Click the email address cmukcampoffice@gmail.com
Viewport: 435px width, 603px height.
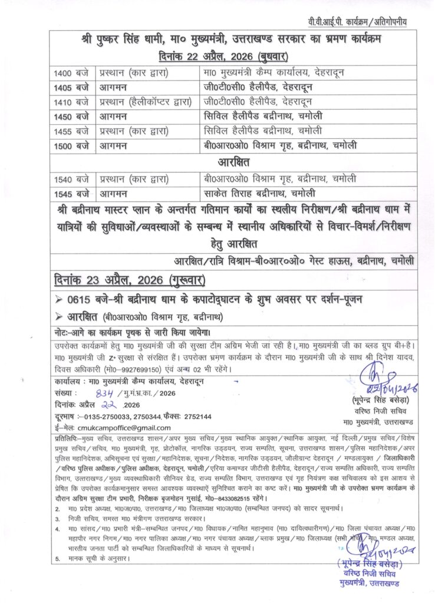(x=119, y=428)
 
